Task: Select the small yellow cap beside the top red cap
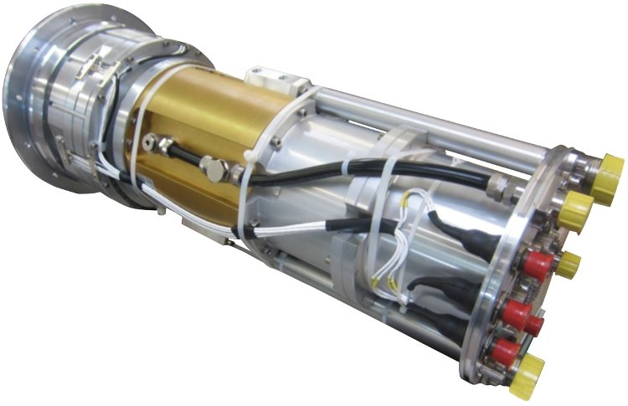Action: coord(568,265)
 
